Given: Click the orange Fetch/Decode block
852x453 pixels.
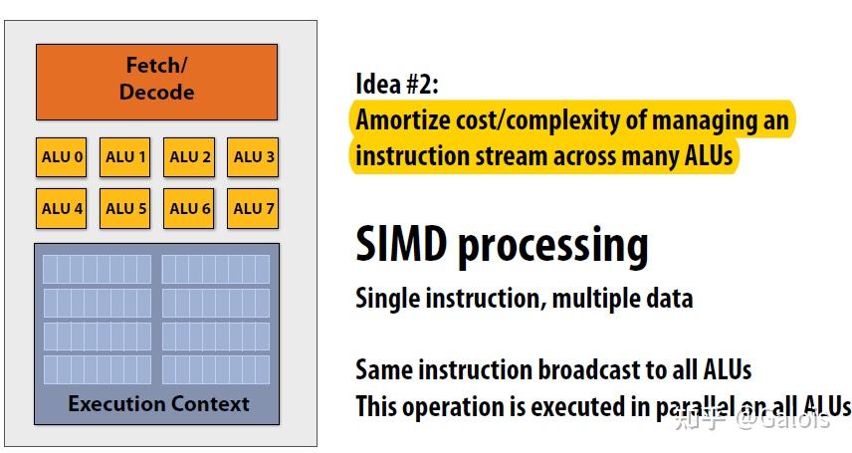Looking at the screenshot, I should point(156,80).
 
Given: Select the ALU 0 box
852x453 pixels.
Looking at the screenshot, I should point(62,156).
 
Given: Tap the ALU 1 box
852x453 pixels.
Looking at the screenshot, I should point(125,156).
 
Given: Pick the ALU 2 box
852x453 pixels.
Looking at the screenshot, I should point(189,156).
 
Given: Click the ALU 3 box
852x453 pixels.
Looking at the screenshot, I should point(253,156).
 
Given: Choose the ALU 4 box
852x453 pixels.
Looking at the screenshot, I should point(62,208).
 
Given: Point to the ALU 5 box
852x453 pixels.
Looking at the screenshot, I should point(125,208).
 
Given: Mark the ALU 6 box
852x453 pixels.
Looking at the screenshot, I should point(189,208).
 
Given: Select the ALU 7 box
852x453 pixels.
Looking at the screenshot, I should point(253,208).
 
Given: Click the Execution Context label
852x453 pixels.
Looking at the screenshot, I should point(158,403).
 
